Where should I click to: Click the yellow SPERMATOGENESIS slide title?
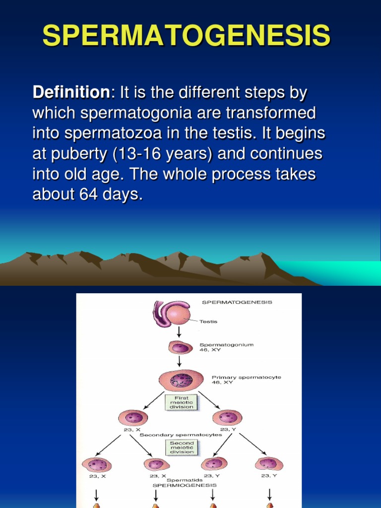coord(186,36)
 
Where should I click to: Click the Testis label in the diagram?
coord(208,321)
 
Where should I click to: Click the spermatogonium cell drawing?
coord(180,348)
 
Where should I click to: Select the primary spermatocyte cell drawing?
coord(181,381)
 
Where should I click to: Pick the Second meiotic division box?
coord(182,447)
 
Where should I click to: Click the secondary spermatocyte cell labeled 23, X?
coord(133,417)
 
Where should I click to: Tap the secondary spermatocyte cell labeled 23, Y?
coord(227,417)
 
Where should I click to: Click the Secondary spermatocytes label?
coord(181,435)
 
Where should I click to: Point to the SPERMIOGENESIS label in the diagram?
coord(185,485)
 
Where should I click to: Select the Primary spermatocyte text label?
coord(246,378)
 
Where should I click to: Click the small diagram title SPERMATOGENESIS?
coord(237,302)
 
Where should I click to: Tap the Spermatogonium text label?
coord(226,344)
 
